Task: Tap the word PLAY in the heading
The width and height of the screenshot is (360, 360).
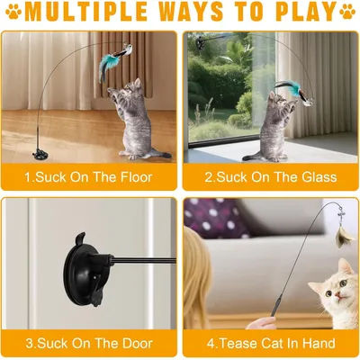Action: pos(304,13)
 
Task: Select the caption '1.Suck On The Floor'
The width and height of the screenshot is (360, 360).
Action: pos(87,177)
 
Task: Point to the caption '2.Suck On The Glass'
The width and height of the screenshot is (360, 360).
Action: pos(271,177)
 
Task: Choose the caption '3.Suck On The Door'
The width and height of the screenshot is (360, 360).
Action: pos(88,343)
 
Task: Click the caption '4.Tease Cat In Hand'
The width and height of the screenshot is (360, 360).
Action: pos(271,343)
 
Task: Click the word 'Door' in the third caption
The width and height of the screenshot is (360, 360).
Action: pos(134,343)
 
